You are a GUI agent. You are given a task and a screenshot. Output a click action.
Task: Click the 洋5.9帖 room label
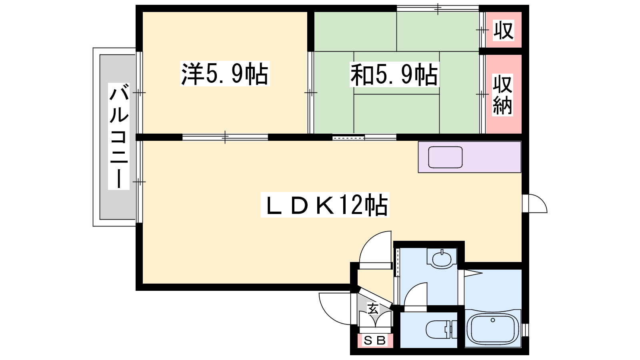pyautogui.click(x=225, y=74)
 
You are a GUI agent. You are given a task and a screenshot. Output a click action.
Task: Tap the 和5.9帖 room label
pyautogui.click(x=394, y=75)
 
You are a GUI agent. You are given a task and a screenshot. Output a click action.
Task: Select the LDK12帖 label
pyautogui.click(x=325, y=205)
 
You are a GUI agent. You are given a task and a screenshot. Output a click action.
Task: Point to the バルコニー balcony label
pyautogui.click(x=118, y=136)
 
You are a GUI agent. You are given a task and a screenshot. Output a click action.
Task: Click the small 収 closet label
pyautogui.click(x=504, y=30)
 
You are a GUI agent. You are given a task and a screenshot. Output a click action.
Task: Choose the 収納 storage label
pyautogui.click(x=502, y=95)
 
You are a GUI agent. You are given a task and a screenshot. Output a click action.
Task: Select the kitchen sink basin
pyautogui.click(x=445, y=157)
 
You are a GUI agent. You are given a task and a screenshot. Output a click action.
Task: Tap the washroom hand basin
pyautogui.click(x=442, y=258)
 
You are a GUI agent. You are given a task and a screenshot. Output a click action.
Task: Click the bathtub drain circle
pyautogui.click(x=492, y=320)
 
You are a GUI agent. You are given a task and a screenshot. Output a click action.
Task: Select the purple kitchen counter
pyautogui.click(x=470, y=157)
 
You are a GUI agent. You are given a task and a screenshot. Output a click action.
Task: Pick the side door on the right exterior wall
pyautogui.click(x=534, y=204)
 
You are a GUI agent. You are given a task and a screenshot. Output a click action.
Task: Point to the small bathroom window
pyautogui.click(x=526, y=330)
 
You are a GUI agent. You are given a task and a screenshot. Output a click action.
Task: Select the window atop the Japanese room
pyautogui.click(x=438, y=8)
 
